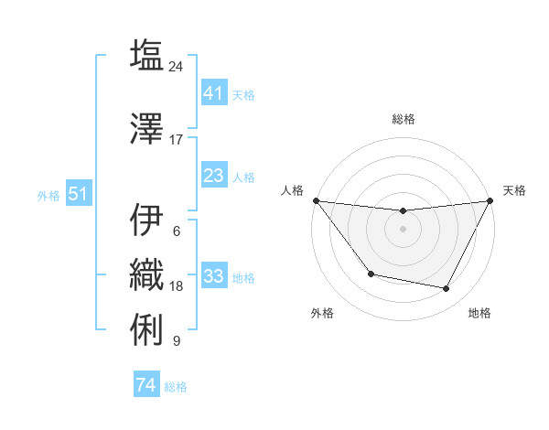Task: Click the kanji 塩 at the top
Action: point(146,54)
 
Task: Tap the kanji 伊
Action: point(146,220)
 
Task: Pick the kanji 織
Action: point(146,274)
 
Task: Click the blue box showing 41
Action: point(213,93)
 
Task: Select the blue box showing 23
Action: point(213,176)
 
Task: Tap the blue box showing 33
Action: point(213,276)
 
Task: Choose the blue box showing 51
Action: point(78,194)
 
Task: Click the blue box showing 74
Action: point(146,385)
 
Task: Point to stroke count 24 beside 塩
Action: point(177,66)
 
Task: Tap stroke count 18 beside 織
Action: point(177,286)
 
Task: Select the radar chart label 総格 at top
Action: point(403,120)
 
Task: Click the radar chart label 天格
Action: point(514,190)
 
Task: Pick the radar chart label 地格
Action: point(479,313)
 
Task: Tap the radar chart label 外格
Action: point(322,313)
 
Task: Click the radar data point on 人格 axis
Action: point(316,200)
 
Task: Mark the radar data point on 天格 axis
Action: point(490,200)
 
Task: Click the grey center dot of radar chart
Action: point(403,229)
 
